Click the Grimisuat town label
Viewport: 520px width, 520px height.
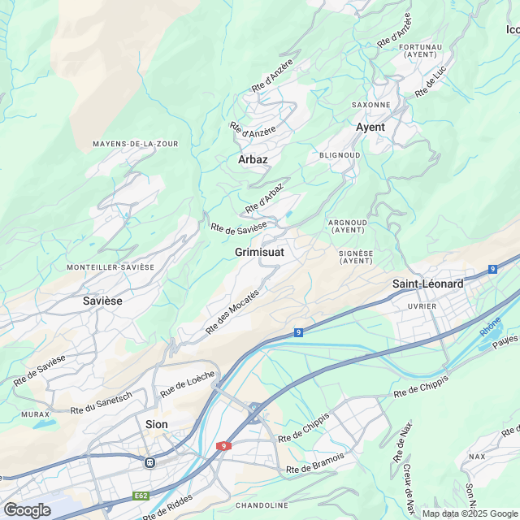coord(259,253)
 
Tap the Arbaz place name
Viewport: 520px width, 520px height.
coord(253,160)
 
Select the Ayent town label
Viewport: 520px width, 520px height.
coord(370,128)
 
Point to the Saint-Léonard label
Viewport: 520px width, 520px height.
coord(427,284)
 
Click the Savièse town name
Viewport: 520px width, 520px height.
coord(102,301)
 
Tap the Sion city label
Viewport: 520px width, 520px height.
coord(156,424)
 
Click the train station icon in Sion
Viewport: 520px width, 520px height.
coord(149,461)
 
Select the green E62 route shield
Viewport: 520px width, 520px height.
coord(143,496)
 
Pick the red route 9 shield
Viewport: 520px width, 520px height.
coord(223,446)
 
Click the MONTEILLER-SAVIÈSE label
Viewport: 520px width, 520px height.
coord(110,267)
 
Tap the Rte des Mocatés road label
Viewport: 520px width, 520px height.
coord(232,311)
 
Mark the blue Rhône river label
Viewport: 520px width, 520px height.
coord(490,327)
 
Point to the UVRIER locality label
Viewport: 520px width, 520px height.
coord(422,306)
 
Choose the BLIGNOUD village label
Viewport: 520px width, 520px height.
coord(340,154)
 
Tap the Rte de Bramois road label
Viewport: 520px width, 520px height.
coord(316,464)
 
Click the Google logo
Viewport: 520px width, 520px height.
coord(27,509)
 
